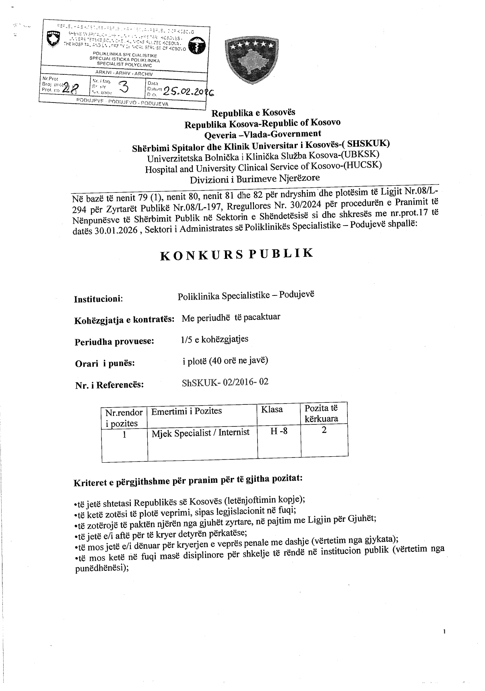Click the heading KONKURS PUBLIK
(237, 254)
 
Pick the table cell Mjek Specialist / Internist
(200, 433)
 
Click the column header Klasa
(272, 410)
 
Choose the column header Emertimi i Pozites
(186, 411)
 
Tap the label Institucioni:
(99, 299)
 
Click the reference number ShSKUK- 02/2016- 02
(225, 382)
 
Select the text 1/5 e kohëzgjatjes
(215, 339)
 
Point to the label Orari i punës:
(105, 363)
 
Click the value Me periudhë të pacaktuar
(231, 317)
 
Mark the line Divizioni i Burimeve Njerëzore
(256, 178)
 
